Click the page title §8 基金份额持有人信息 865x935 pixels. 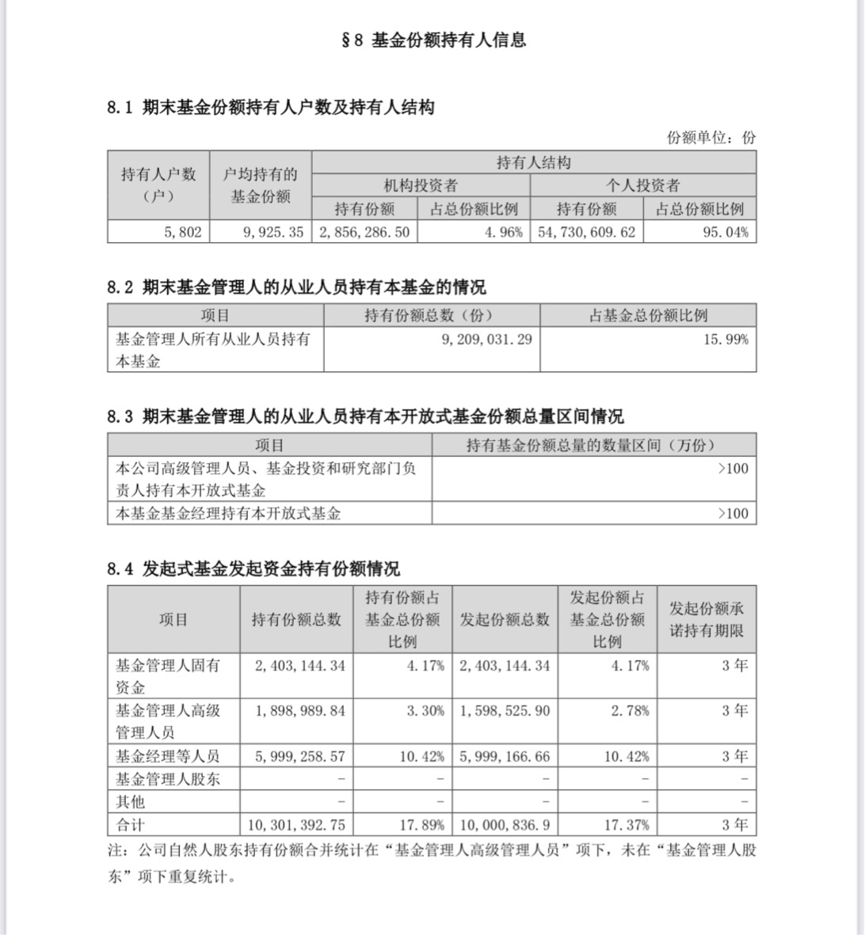point(433,40)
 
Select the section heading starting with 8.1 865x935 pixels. point(271,108)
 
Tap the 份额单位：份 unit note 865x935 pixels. point(711,137)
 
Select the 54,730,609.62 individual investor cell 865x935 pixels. point(586,232)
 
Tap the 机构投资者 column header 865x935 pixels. point(421,186)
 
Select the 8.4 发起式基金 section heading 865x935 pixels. point(253,568)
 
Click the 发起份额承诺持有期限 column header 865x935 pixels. point(707,620)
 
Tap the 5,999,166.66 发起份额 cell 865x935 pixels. point(505,756)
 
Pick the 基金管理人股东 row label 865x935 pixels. point(168,779)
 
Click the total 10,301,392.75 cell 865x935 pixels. point(296,824)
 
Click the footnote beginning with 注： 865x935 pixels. point(432,863)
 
